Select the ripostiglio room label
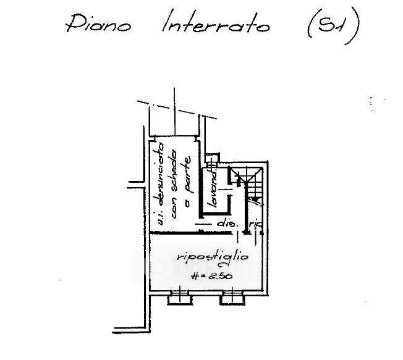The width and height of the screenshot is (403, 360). pos(203,255)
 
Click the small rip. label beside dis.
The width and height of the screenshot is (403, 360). pos(255,225)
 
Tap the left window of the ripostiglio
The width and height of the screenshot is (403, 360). pos(179,298)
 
